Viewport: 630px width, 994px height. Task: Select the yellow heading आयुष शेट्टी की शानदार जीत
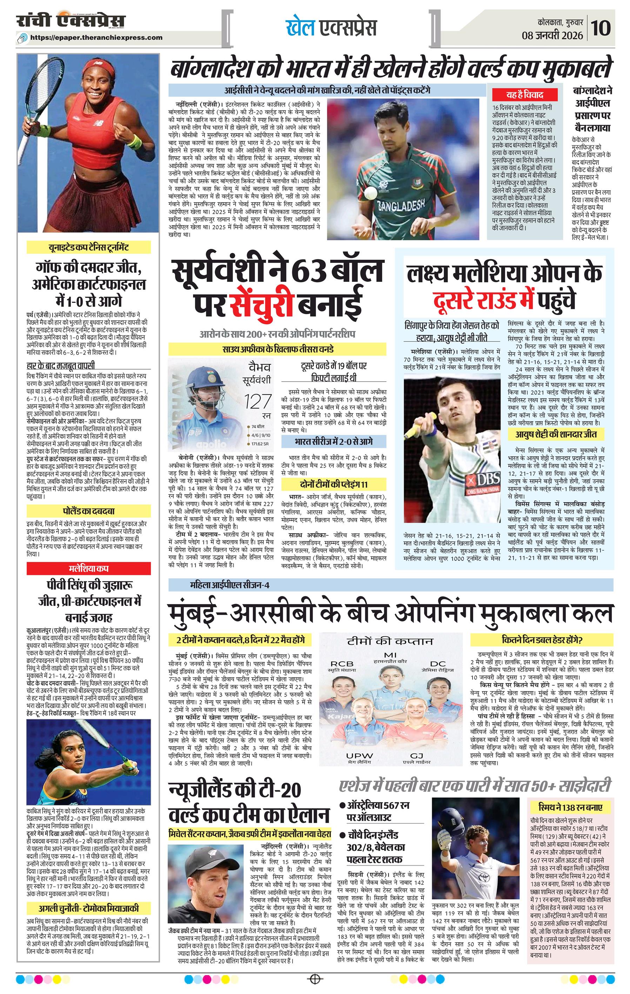pos(555,434)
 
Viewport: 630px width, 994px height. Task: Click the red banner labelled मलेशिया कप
pos(88,568)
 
